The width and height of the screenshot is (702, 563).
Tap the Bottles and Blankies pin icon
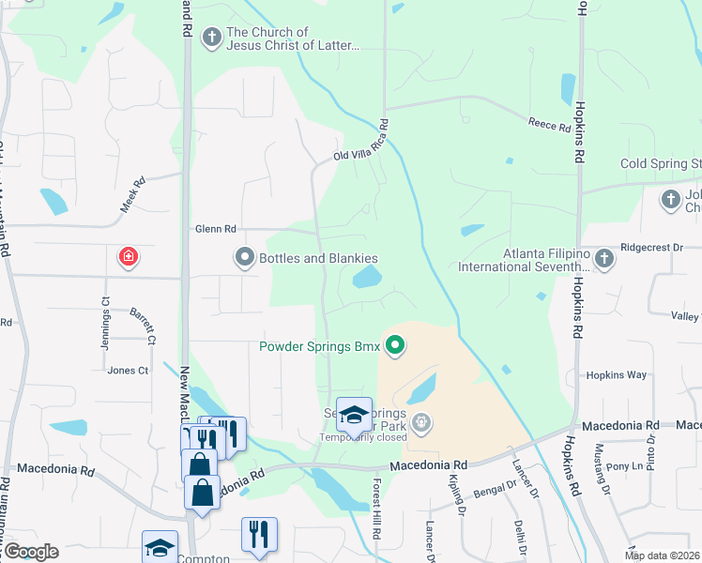tap(245, 257)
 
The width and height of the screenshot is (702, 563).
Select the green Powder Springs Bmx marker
tap(395, 347)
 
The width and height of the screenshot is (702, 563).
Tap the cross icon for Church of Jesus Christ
tap(212, 38)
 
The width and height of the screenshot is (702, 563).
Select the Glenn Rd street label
tap(215, 228)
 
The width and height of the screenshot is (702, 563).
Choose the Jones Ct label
tap(128, 371)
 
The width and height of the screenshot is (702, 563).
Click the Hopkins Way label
tap(616, 374)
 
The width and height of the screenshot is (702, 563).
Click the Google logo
tap(31, 552)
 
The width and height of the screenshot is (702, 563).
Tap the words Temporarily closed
tap(362, 437)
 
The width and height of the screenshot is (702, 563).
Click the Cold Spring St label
tap(661, 164)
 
